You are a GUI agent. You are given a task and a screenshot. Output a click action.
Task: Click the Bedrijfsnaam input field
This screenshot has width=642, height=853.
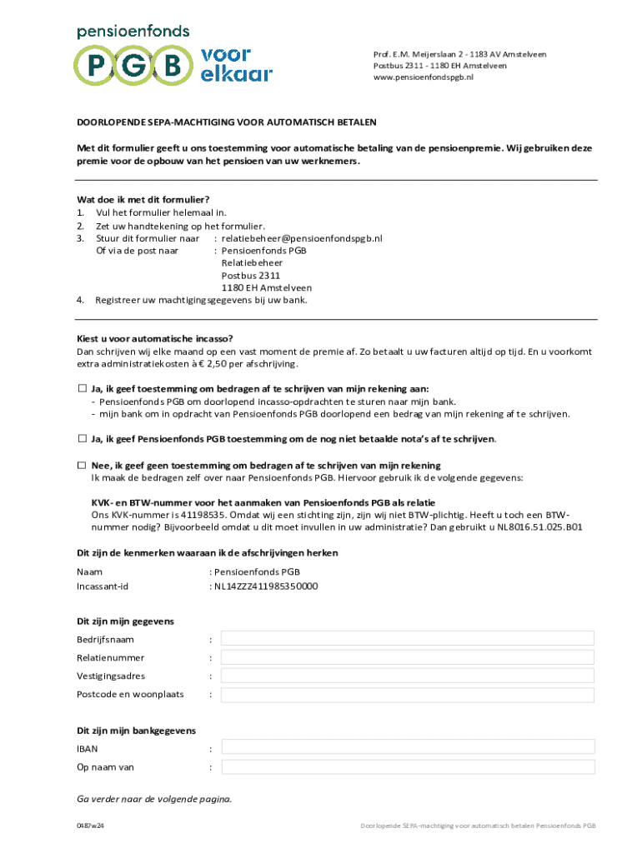(x=407, y=638)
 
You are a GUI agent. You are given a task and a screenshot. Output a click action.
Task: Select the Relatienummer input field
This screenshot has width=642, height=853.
(x=407, y=657)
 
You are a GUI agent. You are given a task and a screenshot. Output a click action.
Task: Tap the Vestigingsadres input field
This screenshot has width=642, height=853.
(x=407, y=676)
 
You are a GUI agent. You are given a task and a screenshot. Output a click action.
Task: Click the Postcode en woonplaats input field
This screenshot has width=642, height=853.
(x=407, y=694)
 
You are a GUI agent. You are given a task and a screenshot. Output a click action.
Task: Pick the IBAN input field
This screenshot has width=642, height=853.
(x=407, y=749)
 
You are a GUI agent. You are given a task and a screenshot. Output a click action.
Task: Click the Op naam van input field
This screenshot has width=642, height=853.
(x=407, y=767)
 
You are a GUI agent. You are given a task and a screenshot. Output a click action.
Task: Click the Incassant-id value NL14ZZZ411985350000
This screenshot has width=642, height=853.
(x=266, y=586)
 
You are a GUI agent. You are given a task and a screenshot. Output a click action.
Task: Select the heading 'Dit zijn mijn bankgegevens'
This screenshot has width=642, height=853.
(x=136, y=731)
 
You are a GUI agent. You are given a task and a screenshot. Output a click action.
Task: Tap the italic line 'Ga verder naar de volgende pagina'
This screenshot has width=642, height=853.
(x=154, y=799)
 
